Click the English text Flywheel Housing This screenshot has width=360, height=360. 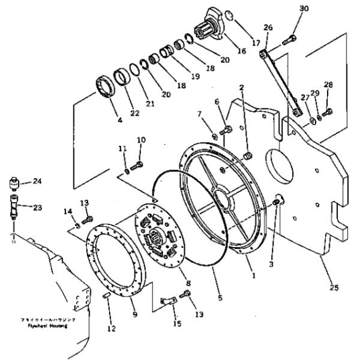pos(48,328)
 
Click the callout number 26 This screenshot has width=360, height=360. pos(267,28)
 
